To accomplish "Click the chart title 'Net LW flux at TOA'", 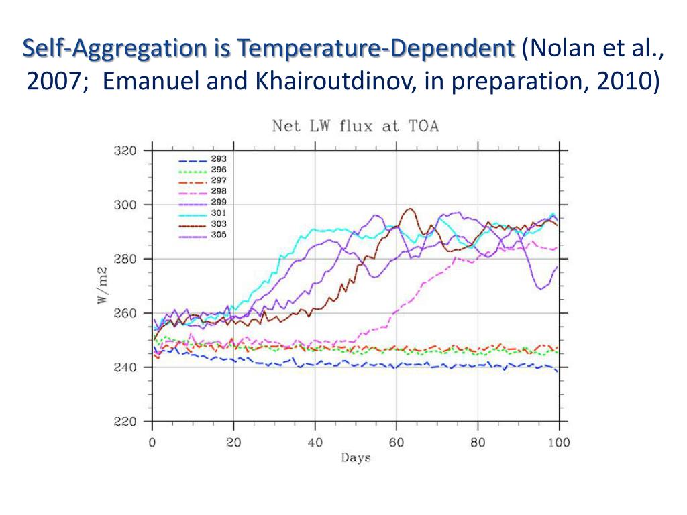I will [355, 126].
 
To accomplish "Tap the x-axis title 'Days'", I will [356, 458].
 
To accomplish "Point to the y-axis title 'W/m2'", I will [103, 288].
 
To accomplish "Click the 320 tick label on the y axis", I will [124, 150].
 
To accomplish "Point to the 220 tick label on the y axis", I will [124, 422].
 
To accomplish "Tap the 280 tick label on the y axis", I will [124, 259].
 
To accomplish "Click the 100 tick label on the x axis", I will [559, 442].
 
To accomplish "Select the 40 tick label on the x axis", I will [315, 442].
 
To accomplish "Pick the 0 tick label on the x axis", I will [152, 442].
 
